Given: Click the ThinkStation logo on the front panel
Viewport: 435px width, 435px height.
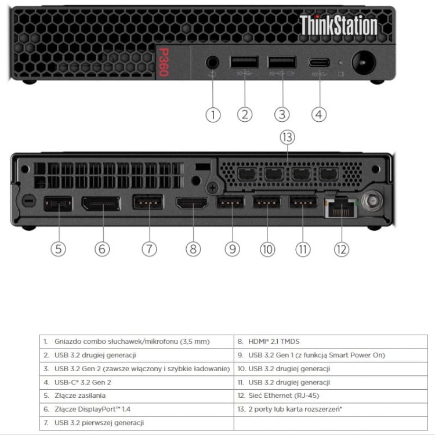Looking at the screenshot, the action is point(339,25).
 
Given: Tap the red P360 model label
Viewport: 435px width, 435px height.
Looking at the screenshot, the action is point(164,62).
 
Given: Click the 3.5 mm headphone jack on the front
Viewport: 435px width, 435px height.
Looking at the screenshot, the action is point(212,63).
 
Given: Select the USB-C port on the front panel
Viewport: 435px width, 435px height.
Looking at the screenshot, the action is point(319,63).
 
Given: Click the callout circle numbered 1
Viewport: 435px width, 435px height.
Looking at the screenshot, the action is point(213,115).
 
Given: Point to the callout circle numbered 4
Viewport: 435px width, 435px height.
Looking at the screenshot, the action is point(319,115).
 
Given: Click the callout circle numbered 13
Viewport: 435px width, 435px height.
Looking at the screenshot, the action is point(287,137).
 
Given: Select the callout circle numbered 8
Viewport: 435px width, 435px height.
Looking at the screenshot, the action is point(193,249).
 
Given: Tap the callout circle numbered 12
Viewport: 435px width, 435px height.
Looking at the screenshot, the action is point(342,249).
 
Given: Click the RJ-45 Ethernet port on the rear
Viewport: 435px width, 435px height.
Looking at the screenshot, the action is point(341,208).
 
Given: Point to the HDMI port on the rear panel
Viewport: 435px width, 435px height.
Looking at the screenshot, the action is point(192,203).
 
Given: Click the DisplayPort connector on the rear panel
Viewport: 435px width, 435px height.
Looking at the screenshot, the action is point(101,204).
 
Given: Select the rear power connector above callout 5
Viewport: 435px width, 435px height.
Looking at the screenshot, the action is point(58,204).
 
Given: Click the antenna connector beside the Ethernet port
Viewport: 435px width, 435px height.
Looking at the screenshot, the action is point(372,201).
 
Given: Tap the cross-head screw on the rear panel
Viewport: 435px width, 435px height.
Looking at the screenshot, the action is point(213,188).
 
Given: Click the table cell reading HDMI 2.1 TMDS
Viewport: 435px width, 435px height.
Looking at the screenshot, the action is point(331,342).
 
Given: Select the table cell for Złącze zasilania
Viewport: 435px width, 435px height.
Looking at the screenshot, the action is point(137,396).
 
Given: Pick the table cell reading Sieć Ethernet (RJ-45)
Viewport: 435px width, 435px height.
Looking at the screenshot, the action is point(331,396).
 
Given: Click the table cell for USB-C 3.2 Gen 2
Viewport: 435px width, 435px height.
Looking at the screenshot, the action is point(137,382).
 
